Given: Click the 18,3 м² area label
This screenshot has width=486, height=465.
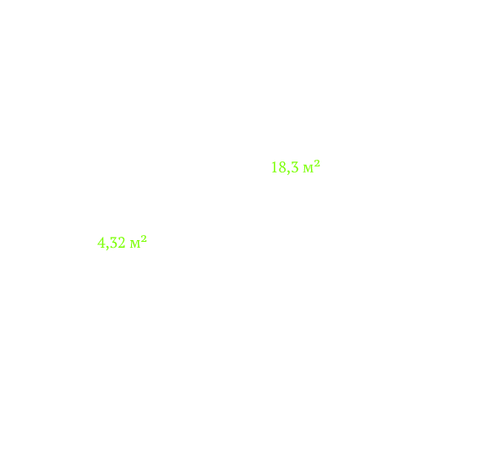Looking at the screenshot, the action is [x=295, y=167].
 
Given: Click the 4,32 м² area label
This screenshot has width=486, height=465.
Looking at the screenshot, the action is [x=122, y=243].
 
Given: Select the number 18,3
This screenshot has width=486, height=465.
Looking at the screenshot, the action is [x=285, y=167].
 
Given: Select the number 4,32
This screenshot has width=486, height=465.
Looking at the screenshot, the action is [x=112, y=243].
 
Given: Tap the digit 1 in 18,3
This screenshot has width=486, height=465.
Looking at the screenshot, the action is [x=275, y=167].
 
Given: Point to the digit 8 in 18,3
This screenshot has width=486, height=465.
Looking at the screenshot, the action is [x=282, y=167].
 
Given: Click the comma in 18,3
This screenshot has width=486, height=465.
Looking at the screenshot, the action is [x=288, y=172].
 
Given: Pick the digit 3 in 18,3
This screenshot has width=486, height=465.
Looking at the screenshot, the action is [x=295, y=167].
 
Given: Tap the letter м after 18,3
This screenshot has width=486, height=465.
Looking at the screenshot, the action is [x=309, y=169].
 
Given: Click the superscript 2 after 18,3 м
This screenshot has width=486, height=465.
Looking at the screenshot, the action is [x=317, y=163].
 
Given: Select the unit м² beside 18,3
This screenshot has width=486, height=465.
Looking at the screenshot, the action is [x=312, y=167].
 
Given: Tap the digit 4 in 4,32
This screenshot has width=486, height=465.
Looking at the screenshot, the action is [x=101, y=243].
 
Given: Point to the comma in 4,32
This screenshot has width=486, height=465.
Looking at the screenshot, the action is [x=107, y=248].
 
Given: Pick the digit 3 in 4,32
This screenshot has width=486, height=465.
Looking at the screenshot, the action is [x=113, y=243].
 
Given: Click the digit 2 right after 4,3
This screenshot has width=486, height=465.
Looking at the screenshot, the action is [x=122, y=243].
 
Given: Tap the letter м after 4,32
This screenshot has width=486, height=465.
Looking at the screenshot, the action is [x=135, y=244].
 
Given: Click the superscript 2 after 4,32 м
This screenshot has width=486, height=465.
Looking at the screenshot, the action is [x=144, y=238].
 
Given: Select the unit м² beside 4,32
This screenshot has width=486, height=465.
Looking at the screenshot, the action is [x=139, y=242].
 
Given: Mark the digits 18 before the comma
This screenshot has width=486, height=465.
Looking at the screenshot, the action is [x=279, y=167].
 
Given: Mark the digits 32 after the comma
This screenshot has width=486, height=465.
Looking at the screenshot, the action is [x=117, y=243].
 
